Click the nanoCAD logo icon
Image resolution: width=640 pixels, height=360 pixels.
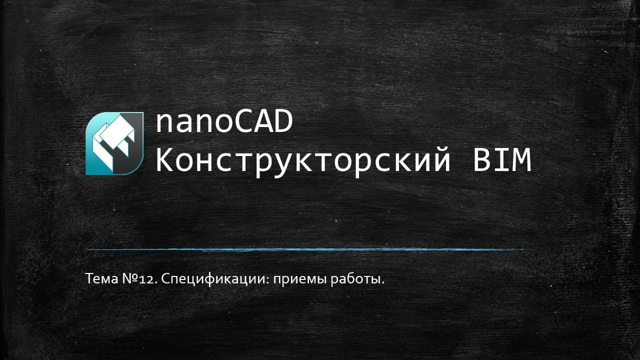pyautogui.click(x=114, y=143)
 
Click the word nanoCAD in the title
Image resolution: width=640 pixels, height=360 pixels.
pyautogui.click(x=223, y=123)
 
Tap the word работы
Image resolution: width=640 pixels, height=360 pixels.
pyautogui.click(x=358, y=279)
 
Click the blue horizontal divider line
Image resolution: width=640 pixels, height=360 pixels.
pyautogui.click(x=307, y=249)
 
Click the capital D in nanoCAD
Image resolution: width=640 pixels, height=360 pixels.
pyautogui.click(x=282, y=123)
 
